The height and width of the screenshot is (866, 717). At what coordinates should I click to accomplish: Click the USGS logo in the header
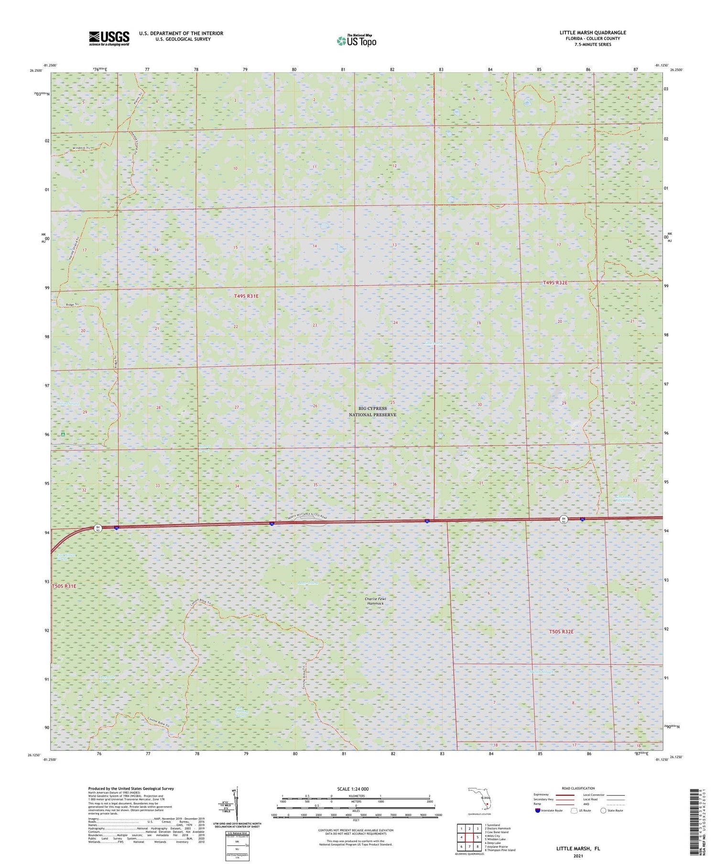pos(109,38)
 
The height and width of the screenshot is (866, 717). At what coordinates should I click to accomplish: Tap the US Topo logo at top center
pos(357,41)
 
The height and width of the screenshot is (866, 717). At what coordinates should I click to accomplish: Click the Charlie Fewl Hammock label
pos(375,601)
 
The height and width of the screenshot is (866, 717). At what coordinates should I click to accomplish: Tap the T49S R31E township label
pos(246,296)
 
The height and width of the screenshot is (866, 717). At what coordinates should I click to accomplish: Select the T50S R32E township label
pos(561,631)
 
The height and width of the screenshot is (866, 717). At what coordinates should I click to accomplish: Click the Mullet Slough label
pos(541,672)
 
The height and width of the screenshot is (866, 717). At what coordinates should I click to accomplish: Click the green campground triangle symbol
pos(63,434)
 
